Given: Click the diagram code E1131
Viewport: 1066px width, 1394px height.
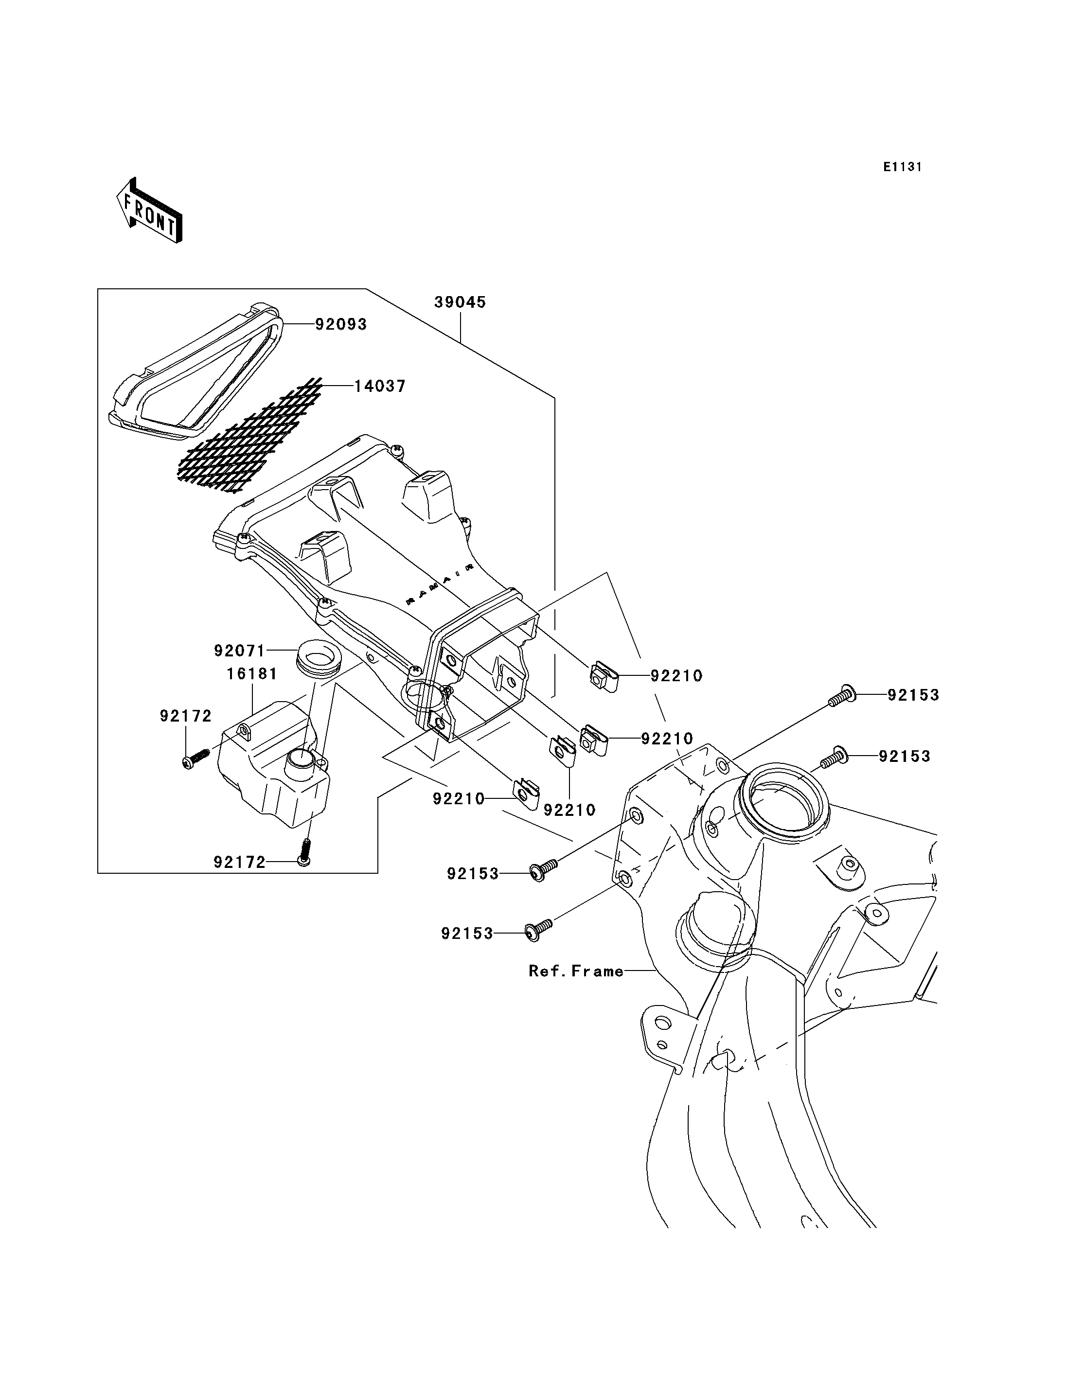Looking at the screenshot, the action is [x=902, y=167].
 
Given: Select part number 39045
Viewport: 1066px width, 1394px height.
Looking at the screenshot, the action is [x=460, y=302].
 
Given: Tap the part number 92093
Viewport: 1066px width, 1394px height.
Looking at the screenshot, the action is [x=341, y=324].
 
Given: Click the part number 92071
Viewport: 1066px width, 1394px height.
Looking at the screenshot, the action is [x=240, y=651].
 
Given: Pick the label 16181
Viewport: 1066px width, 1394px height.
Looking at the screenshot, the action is [x=252, y=673].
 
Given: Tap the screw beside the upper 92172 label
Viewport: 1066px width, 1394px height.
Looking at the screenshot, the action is [x=196, y=759].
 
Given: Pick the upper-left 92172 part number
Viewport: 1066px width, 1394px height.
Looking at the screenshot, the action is [x=185, y=716].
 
